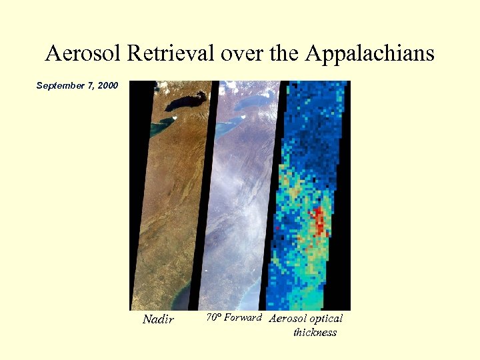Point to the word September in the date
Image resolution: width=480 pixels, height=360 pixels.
click(61, 85)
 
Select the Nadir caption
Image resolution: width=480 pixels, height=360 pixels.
click(158, 319)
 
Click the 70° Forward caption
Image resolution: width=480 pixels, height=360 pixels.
click(233, 317)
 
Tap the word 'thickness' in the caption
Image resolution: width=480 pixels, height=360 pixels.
click(315, 332)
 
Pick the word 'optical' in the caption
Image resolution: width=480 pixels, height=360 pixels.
click(326, 319)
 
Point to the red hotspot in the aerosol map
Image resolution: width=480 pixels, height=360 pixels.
click(319, 219)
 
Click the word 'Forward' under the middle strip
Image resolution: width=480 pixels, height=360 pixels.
click(243, 317)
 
